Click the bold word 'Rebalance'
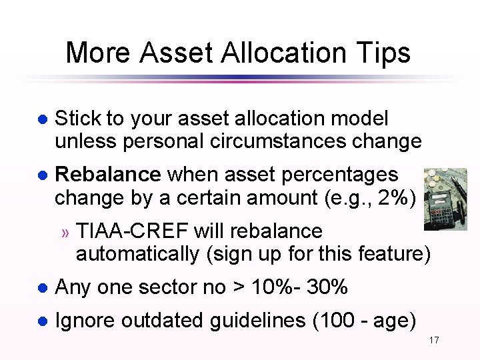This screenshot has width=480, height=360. (107, 175)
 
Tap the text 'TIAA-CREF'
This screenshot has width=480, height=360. (133, 231)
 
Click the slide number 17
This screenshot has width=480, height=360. (434, 341)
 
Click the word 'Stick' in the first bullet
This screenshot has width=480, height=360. (78, 119)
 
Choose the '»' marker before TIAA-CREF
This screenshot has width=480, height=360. (65, 233)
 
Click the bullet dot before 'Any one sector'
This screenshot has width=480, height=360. (41, 288)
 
